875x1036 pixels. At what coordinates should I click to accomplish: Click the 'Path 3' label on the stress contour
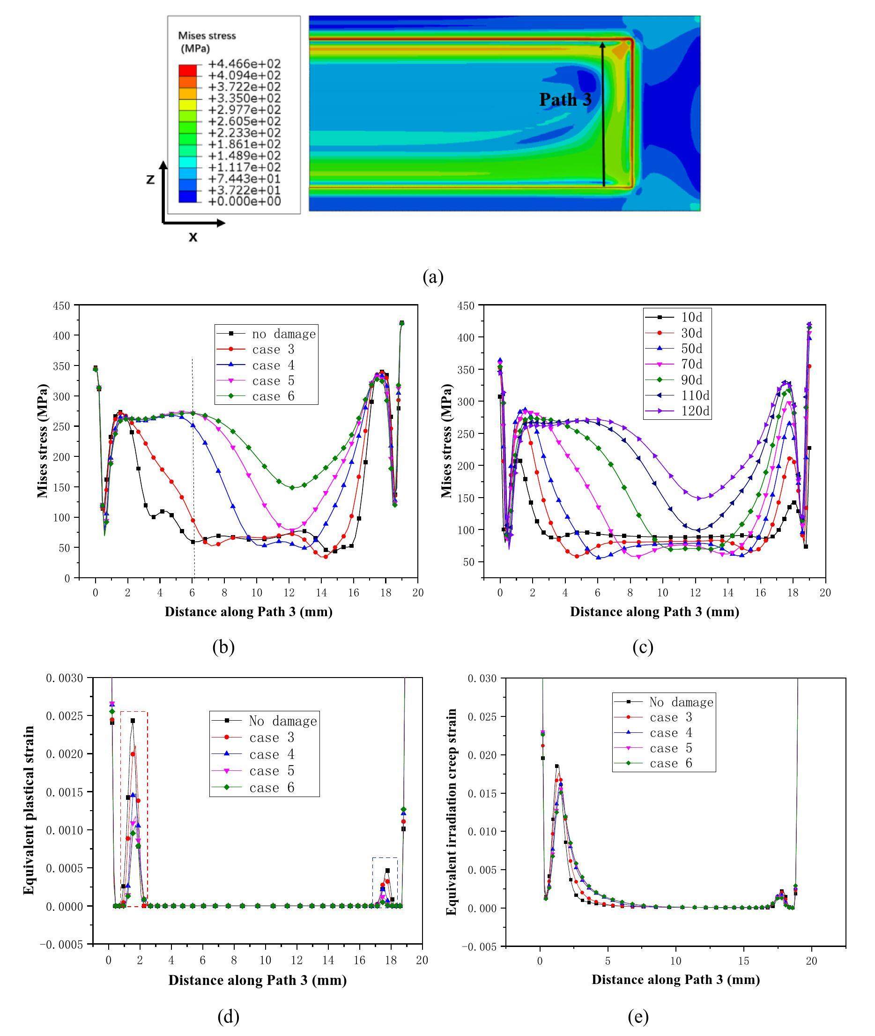tap(565, 100)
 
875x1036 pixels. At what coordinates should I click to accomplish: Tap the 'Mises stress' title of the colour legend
tap(207, 36)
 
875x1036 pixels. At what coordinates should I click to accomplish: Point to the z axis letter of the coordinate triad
tap(150, 179)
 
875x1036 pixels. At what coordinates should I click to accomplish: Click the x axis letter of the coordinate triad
tap(193, 237)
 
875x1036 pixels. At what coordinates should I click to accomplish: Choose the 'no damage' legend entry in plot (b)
tap(283, 334)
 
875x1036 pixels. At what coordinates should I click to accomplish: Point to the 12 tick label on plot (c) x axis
tap(696, 592)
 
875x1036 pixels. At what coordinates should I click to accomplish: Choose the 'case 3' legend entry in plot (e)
tap(671, 717)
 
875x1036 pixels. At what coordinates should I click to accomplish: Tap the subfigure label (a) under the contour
tap(433, 277)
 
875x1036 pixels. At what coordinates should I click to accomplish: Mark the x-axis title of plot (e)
tap(675, 979)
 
